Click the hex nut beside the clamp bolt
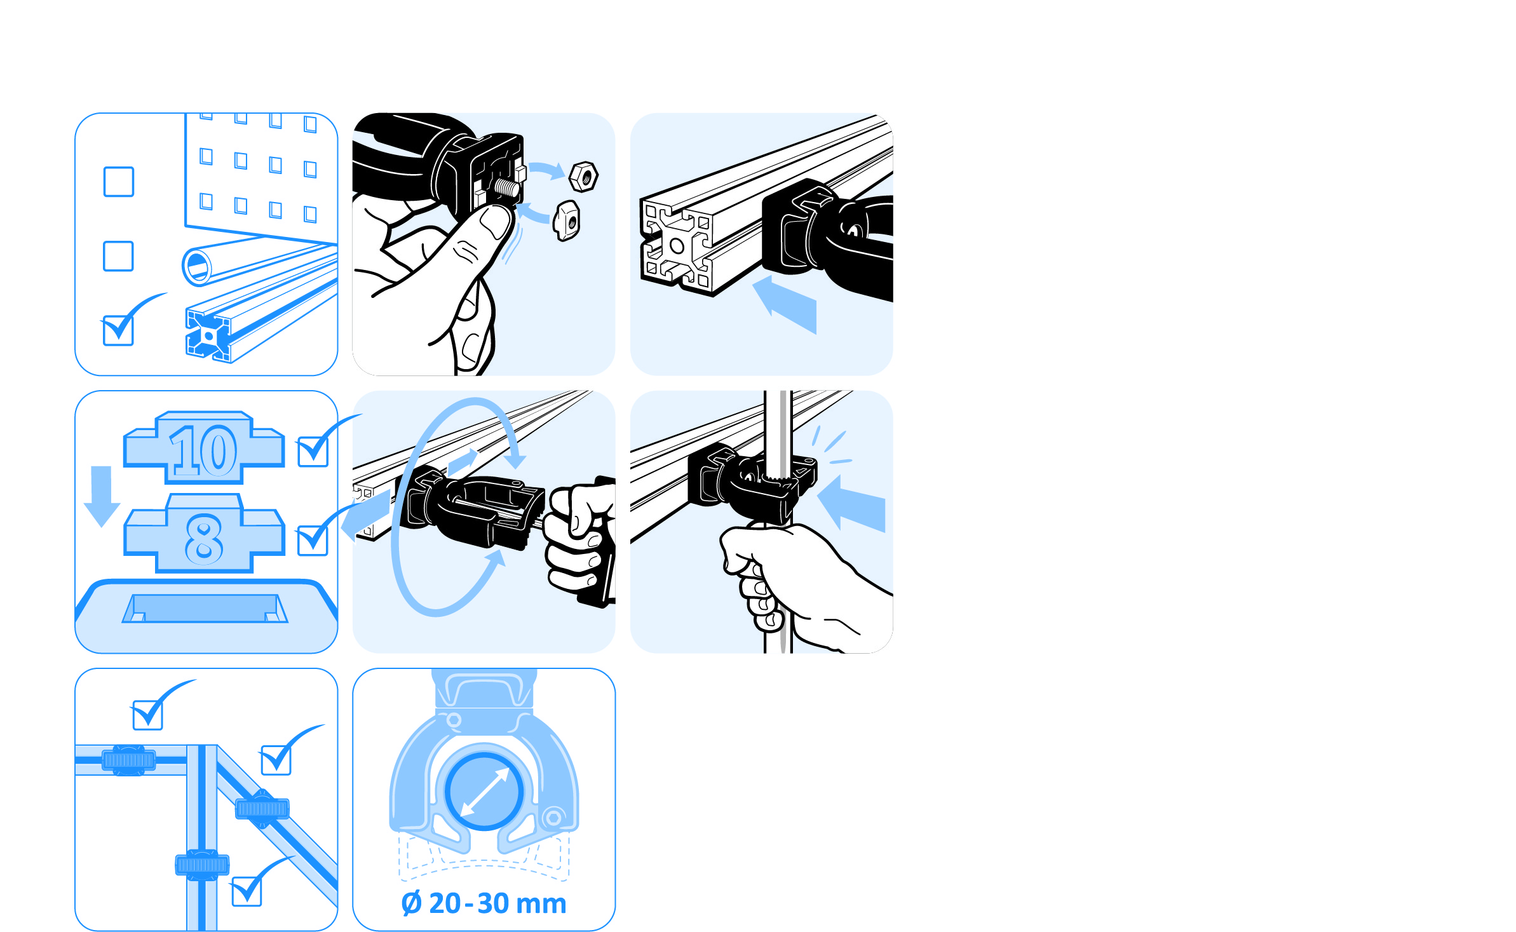(583, 177)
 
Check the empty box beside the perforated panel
(119, 182)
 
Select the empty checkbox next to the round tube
(119, 256)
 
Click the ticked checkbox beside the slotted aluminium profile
(119, 330)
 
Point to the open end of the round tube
(197, 266)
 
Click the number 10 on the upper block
(203, 450)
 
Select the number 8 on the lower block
(204, 539)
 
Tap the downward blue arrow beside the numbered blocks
(102, 496)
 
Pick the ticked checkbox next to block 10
(313, 450)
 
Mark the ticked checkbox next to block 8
(313, 539)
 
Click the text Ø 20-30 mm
(484, 903)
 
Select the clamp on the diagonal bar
(262, 809)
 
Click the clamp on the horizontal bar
(128, 760)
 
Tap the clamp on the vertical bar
(202, 865)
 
